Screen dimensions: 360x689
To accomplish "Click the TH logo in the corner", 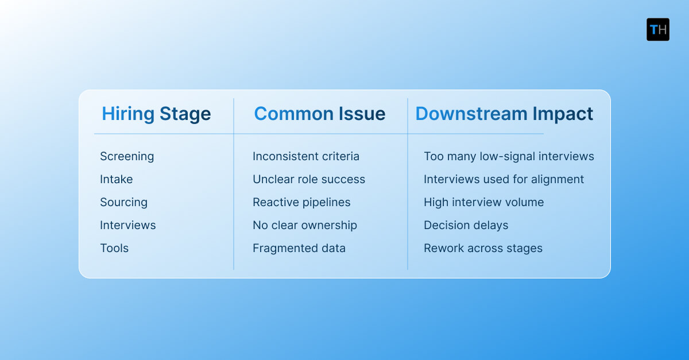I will pos(658,29).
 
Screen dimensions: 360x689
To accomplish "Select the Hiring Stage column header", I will pos(156,114).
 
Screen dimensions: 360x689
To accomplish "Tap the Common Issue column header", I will pos(320,114).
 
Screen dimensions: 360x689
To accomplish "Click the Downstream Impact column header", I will pos(504,114).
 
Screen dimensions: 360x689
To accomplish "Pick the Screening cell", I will pos(127,156).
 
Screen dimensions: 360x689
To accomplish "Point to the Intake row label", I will pos(117,179).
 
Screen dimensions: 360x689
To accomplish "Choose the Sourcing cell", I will pos(123,202).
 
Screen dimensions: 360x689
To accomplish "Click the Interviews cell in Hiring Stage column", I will pos(128,225).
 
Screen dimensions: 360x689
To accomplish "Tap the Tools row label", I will pos(114,248).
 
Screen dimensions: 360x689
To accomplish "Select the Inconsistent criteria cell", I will pos(306,156).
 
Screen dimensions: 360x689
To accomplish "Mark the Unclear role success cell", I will pos(309,179).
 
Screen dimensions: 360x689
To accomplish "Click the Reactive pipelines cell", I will pos(301,202).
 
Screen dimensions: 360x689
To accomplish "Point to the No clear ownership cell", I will pos(305,225).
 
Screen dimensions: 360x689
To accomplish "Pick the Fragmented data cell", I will pos(299,248).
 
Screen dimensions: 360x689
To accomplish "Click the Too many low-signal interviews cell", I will pos(509,156).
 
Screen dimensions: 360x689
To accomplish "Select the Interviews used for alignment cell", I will pos(504,179).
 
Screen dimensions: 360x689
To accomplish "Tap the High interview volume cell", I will pos(483,202).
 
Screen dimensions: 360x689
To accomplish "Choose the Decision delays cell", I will pos(466,225).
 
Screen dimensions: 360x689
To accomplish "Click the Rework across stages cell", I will pos(483,248).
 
